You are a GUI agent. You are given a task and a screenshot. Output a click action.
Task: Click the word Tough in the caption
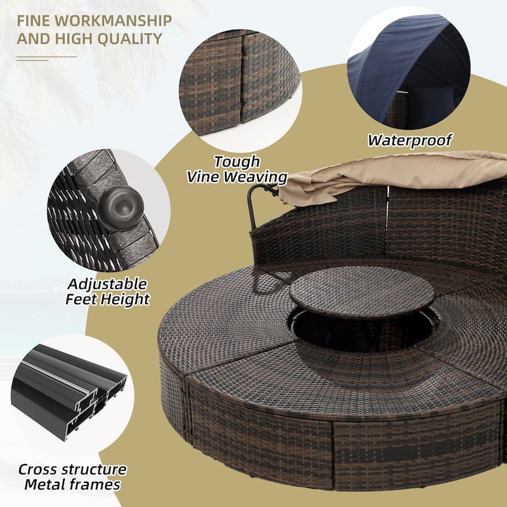coord(237,162)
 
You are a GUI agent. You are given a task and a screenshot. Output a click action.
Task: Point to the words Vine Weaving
coord(237,177)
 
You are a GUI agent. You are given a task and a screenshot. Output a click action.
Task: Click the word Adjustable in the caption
coord(107,283)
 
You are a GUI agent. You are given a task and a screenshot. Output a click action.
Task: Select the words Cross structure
coord(72,470)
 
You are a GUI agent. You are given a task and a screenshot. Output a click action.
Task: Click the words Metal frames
coord(72,485)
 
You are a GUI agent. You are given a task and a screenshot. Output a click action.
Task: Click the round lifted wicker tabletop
coord(362,292)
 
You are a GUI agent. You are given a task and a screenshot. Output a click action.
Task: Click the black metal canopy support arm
coord(255,203)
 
